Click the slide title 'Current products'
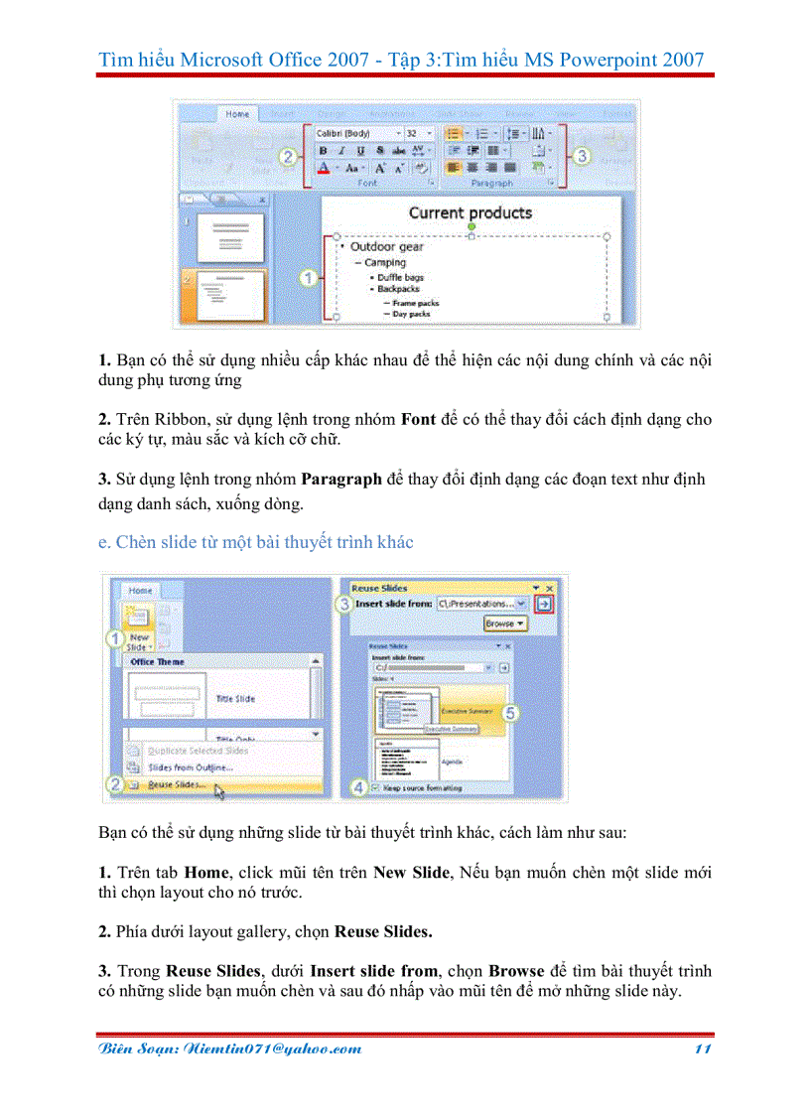[471, 212]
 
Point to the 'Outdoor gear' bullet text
[386, 246]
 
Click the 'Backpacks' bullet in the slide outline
[398, 289]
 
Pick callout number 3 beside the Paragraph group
[582, 156]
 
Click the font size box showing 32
[414, 132]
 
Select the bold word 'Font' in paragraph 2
[418, 419]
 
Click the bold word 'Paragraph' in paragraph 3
[341, 479]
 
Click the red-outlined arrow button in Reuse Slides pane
[544, 603]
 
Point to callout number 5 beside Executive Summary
[511, 712]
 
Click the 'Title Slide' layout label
[235, 699]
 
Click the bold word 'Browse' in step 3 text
[515, 970]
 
